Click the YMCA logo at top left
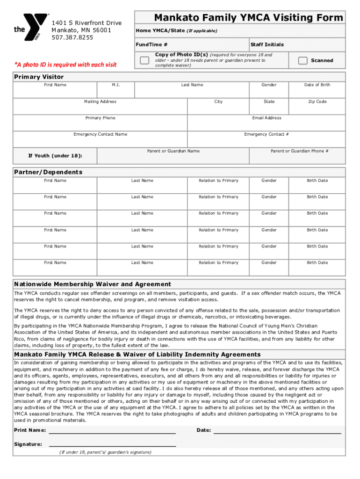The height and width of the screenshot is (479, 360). [30, 28]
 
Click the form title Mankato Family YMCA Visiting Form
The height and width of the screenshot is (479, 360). [248, 18]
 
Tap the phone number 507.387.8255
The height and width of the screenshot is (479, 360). [72, 37]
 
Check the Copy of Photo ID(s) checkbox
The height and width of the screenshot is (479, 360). [145, 60]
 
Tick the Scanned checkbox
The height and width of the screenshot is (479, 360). [303, 60]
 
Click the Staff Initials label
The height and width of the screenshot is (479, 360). [267, 44]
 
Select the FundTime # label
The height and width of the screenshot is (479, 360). [152, 44]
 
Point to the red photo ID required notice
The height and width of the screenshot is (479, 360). [65, 65]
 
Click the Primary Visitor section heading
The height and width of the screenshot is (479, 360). [39, 77]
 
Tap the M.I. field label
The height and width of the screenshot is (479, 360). [116, 85]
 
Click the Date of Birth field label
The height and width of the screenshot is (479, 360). [317, 85]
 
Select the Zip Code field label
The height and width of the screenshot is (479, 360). [317, 102]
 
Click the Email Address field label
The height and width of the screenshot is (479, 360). [266, 118]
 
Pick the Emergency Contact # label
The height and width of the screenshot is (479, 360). [266, 134]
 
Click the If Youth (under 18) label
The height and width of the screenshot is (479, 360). [55, 155]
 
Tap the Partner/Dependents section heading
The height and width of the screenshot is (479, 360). [48, 172]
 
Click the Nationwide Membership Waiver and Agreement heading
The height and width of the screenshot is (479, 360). [93, 284]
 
